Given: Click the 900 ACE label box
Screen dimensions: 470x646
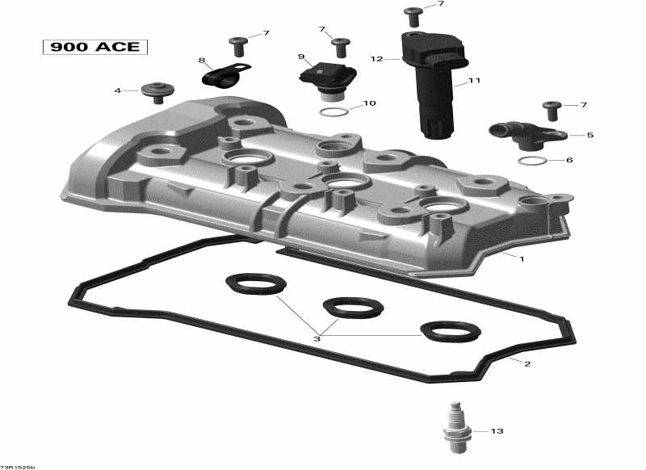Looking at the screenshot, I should tap(96, 47).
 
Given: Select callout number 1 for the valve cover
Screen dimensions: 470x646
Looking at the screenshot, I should tap(522, 259).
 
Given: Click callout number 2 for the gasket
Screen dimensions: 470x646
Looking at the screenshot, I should tap(527, 364).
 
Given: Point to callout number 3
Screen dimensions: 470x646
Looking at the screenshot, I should tap(317, 339).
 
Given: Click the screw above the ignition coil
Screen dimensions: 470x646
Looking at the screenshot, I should tap(413, 15).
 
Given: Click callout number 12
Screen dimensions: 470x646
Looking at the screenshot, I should tap(376, 59).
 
